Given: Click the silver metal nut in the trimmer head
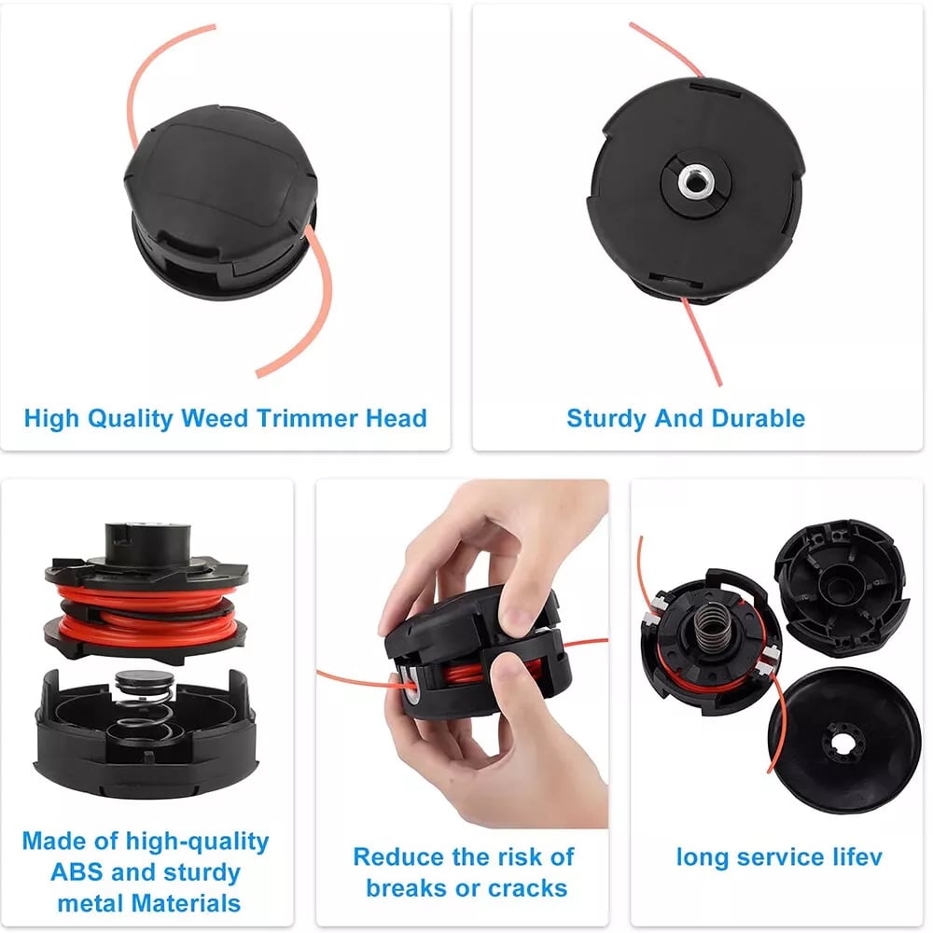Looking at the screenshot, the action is [694, 181].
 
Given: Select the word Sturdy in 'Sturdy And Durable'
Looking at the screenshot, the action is [606, 418].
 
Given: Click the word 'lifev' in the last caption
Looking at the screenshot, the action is [857, 856].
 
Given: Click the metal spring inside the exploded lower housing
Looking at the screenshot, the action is [144, 708].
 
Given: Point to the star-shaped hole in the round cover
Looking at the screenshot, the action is [842, 740].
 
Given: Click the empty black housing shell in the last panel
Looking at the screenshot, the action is [842, 586].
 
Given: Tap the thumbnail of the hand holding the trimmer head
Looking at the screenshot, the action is [463, 654].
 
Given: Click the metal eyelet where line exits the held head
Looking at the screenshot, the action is [411, 684].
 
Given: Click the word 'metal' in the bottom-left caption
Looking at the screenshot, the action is [91, 903].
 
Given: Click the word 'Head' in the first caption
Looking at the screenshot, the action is [397, 418].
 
